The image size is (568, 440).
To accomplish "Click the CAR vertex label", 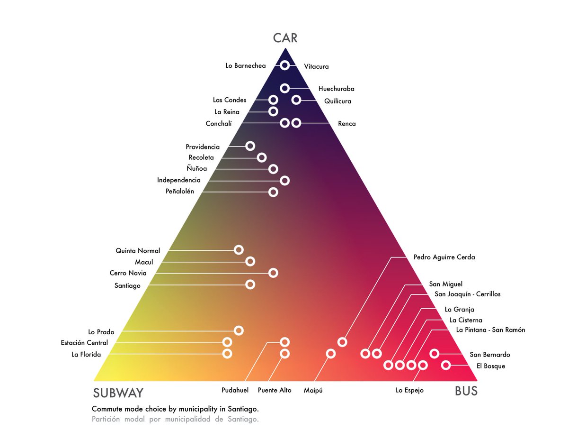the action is click(x=285, y=38).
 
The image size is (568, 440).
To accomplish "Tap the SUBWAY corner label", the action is click(x=118, y=393).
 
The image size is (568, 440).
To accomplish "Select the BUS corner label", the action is click(x=466, y=391).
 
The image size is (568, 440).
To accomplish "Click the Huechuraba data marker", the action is click(x=284, y=88).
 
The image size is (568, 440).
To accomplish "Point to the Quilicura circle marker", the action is click(x=296, y=100).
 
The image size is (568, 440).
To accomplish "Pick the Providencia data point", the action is click(x=250, y=146).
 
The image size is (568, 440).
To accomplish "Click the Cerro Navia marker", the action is click(x=273, y=273).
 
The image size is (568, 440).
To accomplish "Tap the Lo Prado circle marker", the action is click(x=239, y=330).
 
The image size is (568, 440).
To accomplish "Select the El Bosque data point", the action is click(x=446, y=365).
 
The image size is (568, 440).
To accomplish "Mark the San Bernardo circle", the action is click(x=434, y=353).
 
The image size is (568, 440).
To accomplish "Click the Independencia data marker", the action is click(x=284, y=180).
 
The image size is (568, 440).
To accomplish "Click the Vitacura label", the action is click(x=316, y=66).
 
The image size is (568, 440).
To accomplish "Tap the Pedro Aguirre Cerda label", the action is click(x=444, y=257).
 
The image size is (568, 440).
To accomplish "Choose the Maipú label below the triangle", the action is click(x=313, y=390).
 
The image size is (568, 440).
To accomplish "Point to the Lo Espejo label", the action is click(x=409, y=390).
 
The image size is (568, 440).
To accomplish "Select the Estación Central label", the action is click(x=84, y=343).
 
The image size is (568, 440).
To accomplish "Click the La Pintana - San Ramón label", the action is click(x=490, y=330).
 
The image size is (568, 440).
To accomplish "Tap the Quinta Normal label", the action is click(x=138, y=251).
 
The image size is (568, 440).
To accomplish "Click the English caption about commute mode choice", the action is click(x=175, y=409).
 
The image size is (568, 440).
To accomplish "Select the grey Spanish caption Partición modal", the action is click(x=175, y=419).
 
